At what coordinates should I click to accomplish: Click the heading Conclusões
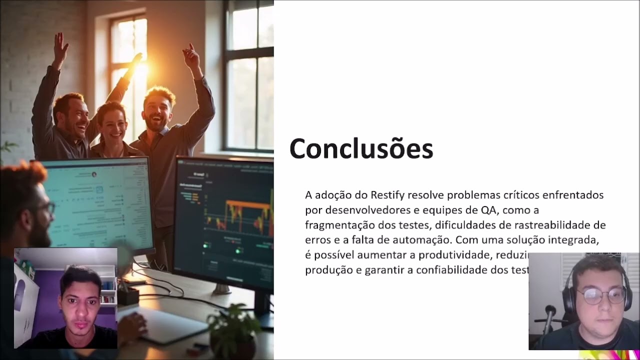(x=361, y=149)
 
